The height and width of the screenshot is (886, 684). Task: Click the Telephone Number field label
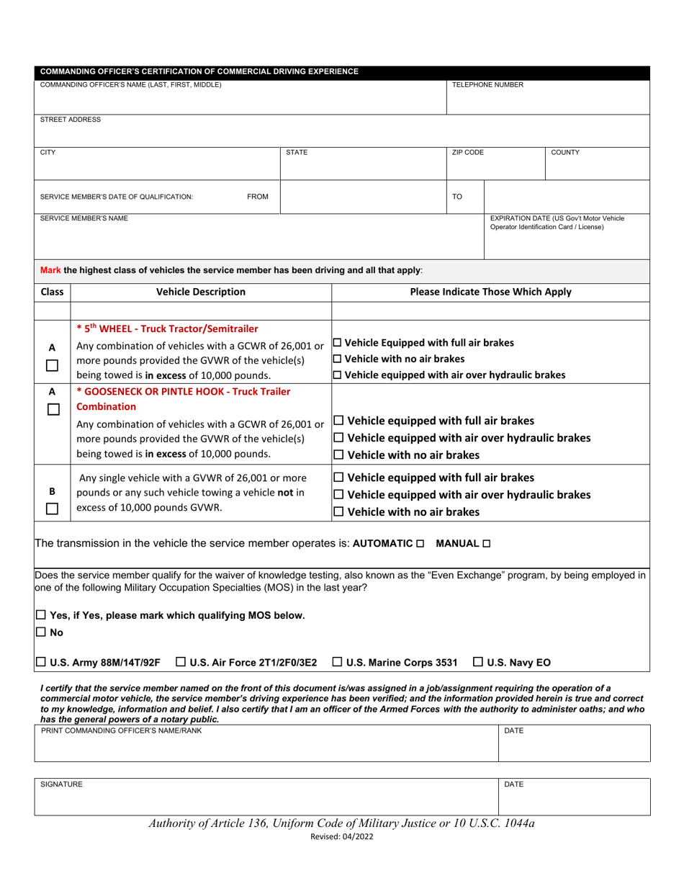(487, 85)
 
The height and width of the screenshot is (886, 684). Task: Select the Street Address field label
(71, 120)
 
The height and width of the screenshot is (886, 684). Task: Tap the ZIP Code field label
(467, 153)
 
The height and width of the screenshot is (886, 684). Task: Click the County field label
(565, 153)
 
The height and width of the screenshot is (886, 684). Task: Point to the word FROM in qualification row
(258, 197)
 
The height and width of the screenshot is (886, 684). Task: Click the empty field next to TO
(567, 196)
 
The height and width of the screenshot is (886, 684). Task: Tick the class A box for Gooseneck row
(52, 410)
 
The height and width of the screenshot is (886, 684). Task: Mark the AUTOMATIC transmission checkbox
(420, 543)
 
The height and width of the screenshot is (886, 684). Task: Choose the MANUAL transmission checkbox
(487, 543)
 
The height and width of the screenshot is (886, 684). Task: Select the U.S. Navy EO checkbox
(479, 661)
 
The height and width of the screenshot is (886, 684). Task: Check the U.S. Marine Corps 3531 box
(338, 661)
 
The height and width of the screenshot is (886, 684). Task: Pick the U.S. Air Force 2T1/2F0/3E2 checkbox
(181, 661)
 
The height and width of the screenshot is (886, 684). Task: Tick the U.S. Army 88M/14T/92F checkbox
(40, 661)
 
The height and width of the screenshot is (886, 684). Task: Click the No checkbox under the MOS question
(40, 632)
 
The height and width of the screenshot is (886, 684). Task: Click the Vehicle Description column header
(200, 292)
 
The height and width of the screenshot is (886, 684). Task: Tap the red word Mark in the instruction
(50, 270)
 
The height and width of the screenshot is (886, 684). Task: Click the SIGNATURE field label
(61, 784)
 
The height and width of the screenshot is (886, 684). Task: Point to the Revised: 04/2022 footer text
(341, 836)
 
